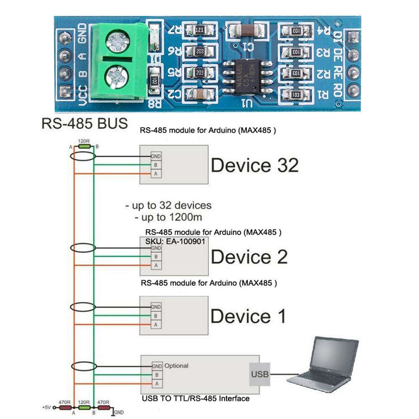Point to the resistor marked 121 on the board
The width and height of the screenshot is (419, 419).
[200, 31]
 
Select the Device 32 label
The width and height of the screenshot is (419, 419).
[254, 165]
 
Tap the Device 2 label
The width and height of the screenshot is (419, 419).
[249, 257]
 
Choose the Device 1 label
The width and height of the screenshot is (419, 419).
[248, 316]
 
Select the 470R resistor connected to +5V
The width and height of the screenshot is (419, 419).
[65, 406]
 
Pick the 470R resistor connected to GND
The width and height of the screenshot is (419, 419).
[104, 406]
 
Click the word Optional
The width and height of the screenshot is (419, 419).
[177, 365]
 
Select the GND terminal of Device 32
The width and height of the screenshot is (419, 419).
[156, 156]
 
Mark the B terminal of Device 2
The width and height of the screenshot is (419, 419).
[156, 256]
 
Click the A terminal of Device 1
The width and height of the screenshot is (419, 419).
[156, 324]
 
